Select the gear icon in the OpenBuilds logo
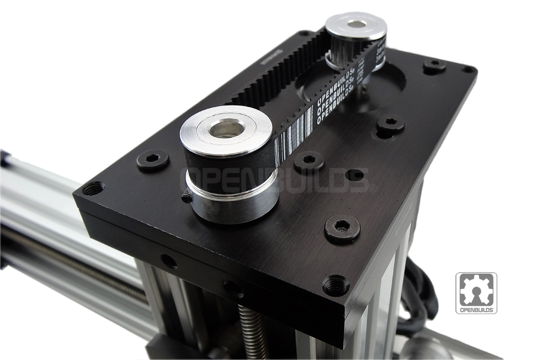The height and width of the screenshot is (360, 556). (x=476, y=290)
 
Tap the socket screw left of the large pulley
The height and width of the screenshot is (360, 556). (x=152, y=159)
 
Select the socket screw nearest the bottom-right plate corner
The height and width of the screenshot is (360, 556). (x=342, y=228)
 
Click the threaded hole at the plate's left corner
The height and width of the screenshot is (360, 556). (x=94, y=188)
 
